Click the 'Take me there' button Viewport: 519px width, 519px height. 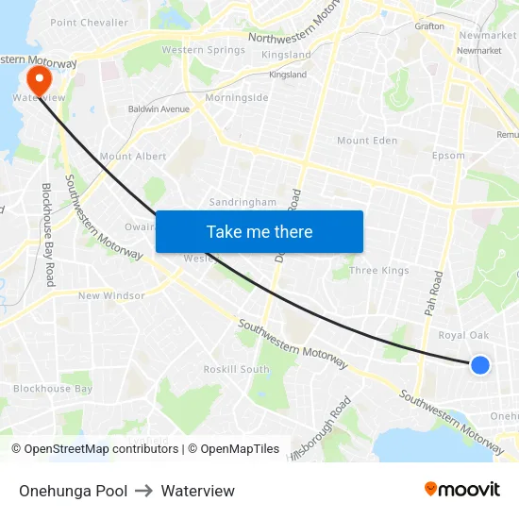(x=259, y=231)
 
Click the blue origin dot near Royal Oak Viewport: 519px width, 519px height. (x=480, y=365)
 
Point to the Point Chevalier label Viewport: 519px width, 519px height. (x=89, y=23)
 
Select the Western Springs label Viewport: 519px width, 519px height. (x=203, y=50)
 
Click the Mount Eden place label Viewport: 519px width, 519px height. (x=367, y=141)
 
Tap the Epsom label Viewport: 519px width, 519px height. (x=448, y=156)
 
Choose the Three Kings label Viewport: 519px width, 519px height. (x=379, y=271)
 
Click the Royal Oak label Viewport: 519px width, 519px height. (x=464, y=335)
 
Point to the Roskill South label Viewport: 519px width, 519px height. (x=237, y=370)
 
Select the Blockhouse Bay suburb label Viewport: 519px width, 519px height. (x=53, y=389)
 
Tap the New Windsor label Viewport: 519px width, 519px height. (x=111, y=295)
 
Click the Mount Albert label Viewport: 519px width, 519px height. (x=132, y=157)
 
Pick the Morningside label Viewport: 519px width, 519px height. (x=237, y=97)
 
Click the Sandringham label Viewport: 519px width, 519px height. (x=243, y=202)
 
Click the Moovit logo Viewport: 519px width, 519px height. (x=462, y=489)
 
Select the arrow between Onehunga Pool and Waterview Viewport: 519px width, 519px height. (x=144, y=491)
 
